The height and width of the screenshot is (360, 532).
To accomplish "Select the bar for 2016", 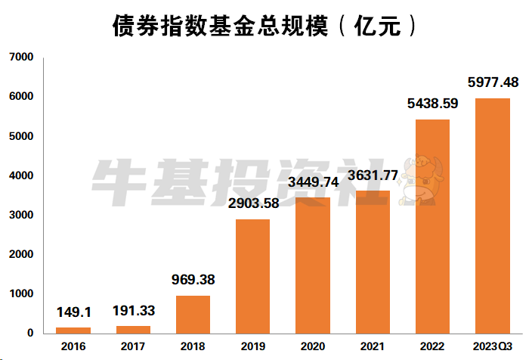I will click(73, 330).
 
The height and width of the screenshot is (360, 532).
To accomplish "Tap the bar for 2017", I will click(133, 329).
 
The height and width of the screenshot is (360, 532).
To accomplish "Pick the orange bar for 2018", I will click(193, 314).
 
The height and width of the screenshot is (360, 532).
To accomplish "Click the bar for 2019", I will click(252, 276).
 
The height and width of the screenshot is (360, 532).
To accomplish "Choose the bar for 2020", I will click(313, 265).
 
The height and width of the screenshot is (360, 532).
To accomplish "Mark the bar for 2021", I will click(373, 262).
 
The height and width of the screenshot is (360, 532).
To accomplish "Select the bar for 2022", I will click(432, 226).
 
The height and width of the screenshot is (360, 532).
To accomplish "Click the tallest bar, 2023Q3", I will click(492, 216).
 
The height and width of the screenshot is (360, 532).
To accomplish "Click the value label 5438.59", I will click(432, 103).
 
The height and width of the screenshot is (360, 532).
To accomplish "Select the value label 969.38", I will click(193, 280).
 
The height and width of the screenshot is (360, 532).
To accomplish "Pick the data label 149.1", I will click(73, 312).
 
